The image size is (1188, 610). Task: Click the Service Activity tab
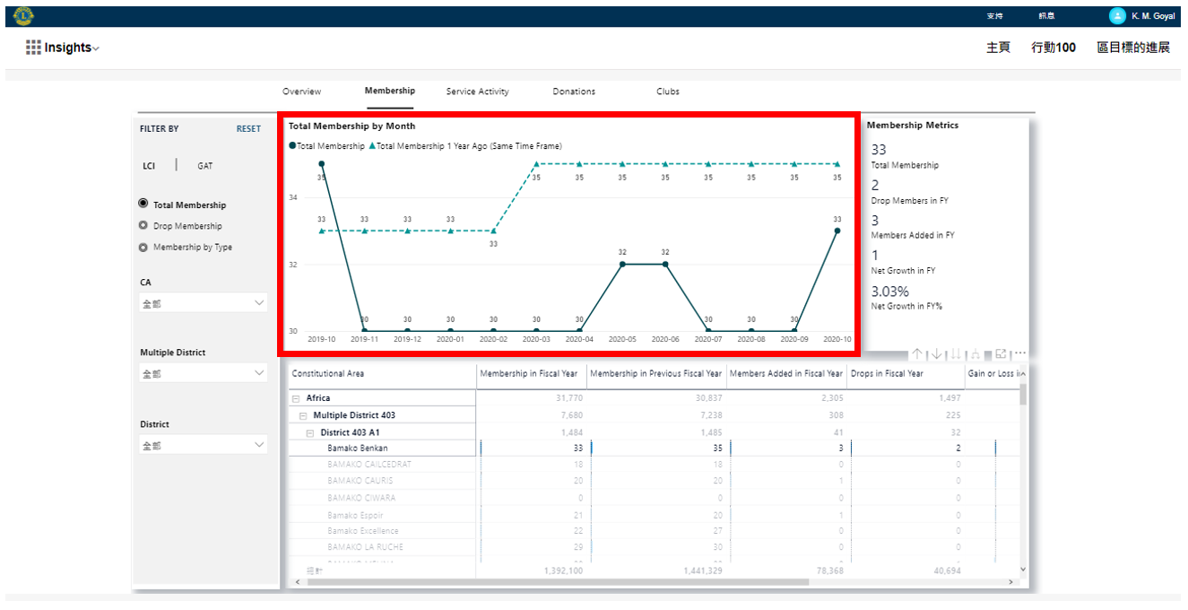coord(477,91)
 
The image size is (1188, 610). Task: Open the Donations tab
coord(574,91)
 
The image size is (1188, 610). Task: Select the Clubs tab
coord(667,91)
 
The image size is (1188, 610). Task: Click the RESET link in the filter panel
coord(248,129)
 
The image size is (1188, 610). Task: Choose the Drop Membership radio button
coord(143,226)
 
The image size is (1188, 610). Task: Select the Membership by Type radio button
coord(143,248)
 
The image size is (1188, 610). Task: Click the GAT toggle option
coord(205,166)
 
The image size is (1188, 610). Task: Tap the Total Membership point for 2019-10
coord(322,164)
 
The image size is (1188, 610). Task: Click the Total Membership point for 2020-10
coord(837,231)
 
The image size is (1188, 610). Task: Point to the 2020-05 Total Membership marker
coord(622,265)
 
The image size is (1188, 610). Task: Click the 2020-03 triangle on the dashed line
coord(536,164)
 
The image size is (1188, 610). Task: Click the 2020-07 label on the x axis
coord(708,340)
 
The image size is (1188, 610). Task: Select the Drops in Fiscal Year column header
coord(887,373)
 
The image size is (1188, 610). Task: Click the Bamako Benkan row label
coord(357,448)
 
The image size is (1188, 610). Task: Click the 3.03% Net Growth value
coord(890,292)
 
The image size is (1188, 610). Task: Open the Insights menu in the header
coord(63,48)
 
